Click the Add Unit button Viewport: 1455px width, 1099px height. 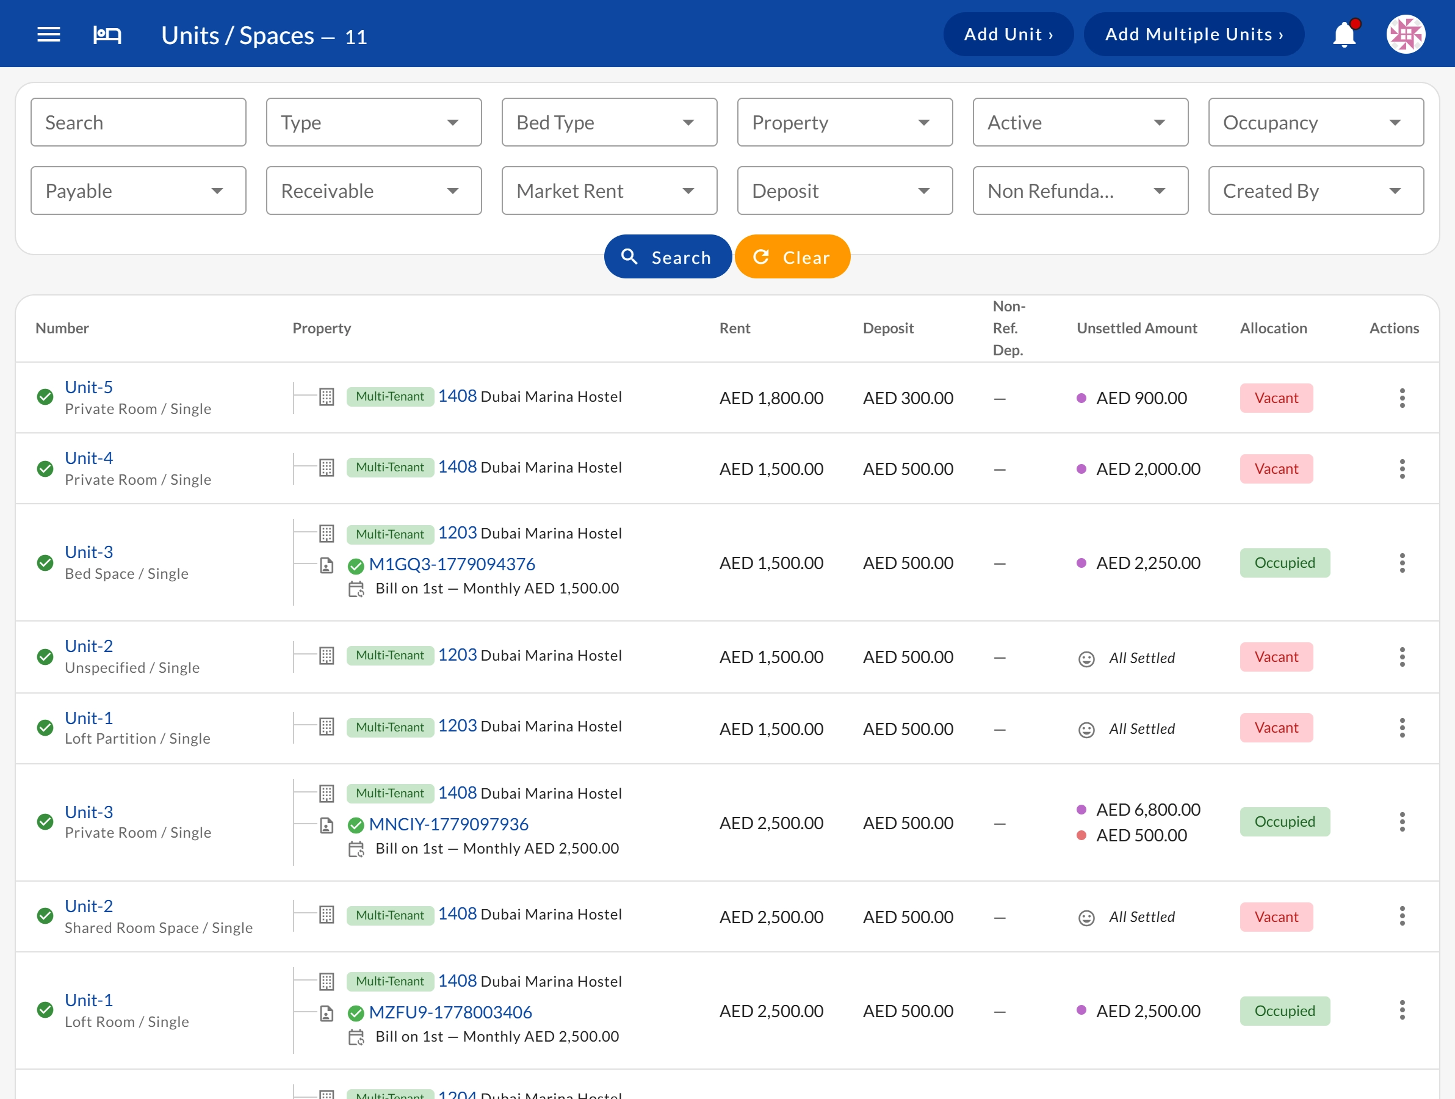coord(1008,34)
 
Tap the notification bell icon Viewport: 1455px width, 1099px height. coord(1345,34)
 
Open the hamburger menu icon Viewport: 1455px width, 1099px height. coord(49,34)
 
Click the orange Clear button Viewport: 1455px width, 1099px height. coord(792,256)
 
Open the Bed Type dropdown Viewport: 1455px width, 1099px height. coord(609,122)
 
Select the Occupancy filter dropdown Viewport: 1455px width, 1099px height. coord(1316,122)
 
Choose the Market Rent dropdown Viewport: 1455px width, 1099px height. coord(609,191)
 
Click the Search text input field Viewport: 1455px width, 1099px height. coord(138,122)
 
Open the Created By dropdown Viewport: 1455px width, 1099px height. coord(1316,191)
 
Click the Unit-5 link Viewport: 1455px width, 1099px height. coord(88,387)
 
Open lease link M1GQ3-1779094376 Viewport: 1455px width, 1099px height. coord(452,564)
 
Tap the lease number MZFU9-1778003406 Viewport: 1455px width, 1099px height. coord(450,1012)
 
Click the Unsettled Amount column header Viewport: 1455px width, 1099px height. coord(1136,328)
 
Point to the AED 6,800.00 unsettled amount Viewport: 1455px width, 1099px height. coord(1148,810)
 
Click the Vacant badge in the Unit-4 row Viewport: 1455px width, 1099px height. coord(1276,468)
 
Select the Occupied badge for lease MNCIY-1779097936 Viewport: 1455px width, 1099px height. coord(1285,821)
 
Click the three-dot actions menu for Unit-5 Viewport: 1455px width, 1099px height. coord(1403,398)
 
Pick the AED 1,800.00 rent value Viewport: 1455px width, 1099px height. coord(771,398)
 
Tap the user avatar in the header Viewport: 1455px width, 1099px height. coord(1406,34)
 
